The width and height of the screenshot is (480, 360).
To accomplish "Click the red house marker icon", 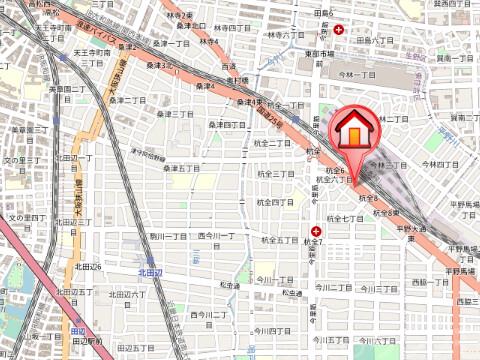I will [353, 131].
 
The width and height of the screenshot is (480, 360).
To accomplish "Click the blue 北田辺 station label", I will [149, 271].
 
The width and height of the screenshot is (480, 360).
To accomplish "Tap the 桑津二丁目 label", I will [128, 100].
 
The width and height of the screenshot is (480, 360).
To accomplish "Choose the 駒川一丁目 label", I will [167, 235].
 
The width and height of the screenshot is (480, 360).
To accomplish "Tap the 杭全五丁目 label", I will [280, 240].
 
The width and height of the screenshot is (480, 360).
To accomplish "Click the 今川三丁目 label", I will [372, 288].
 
